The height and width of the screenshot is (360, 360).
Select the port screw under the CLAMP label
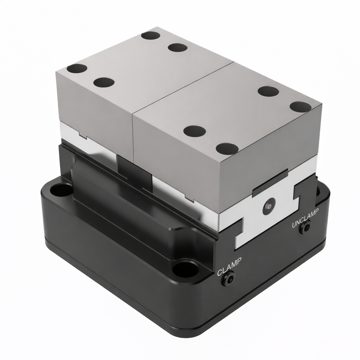point(228,280)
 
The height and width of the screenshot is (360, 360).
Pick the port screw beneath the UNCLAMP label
point(304,229)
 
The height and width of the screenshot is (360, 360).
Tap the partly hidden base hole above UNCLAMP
point(318,192)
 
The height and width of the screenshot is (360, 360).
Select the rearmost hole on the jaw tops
point(151,36)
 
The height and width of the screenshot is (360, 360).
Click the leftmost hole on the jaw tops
point(77,68)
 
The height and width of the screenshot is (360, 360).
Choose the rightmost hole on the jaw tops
point(301,107)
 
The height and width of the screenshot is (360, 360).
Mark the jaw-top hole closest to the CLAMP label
point(227,149)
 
